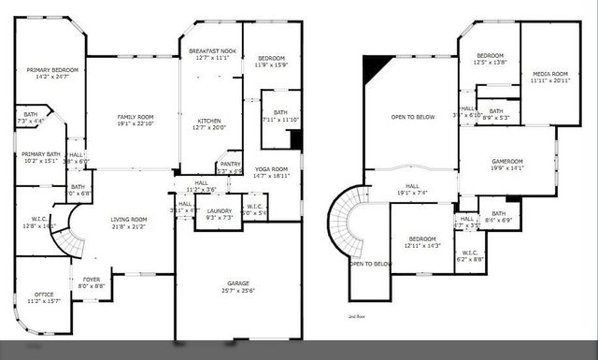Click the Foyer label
[x=92, y=279]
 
